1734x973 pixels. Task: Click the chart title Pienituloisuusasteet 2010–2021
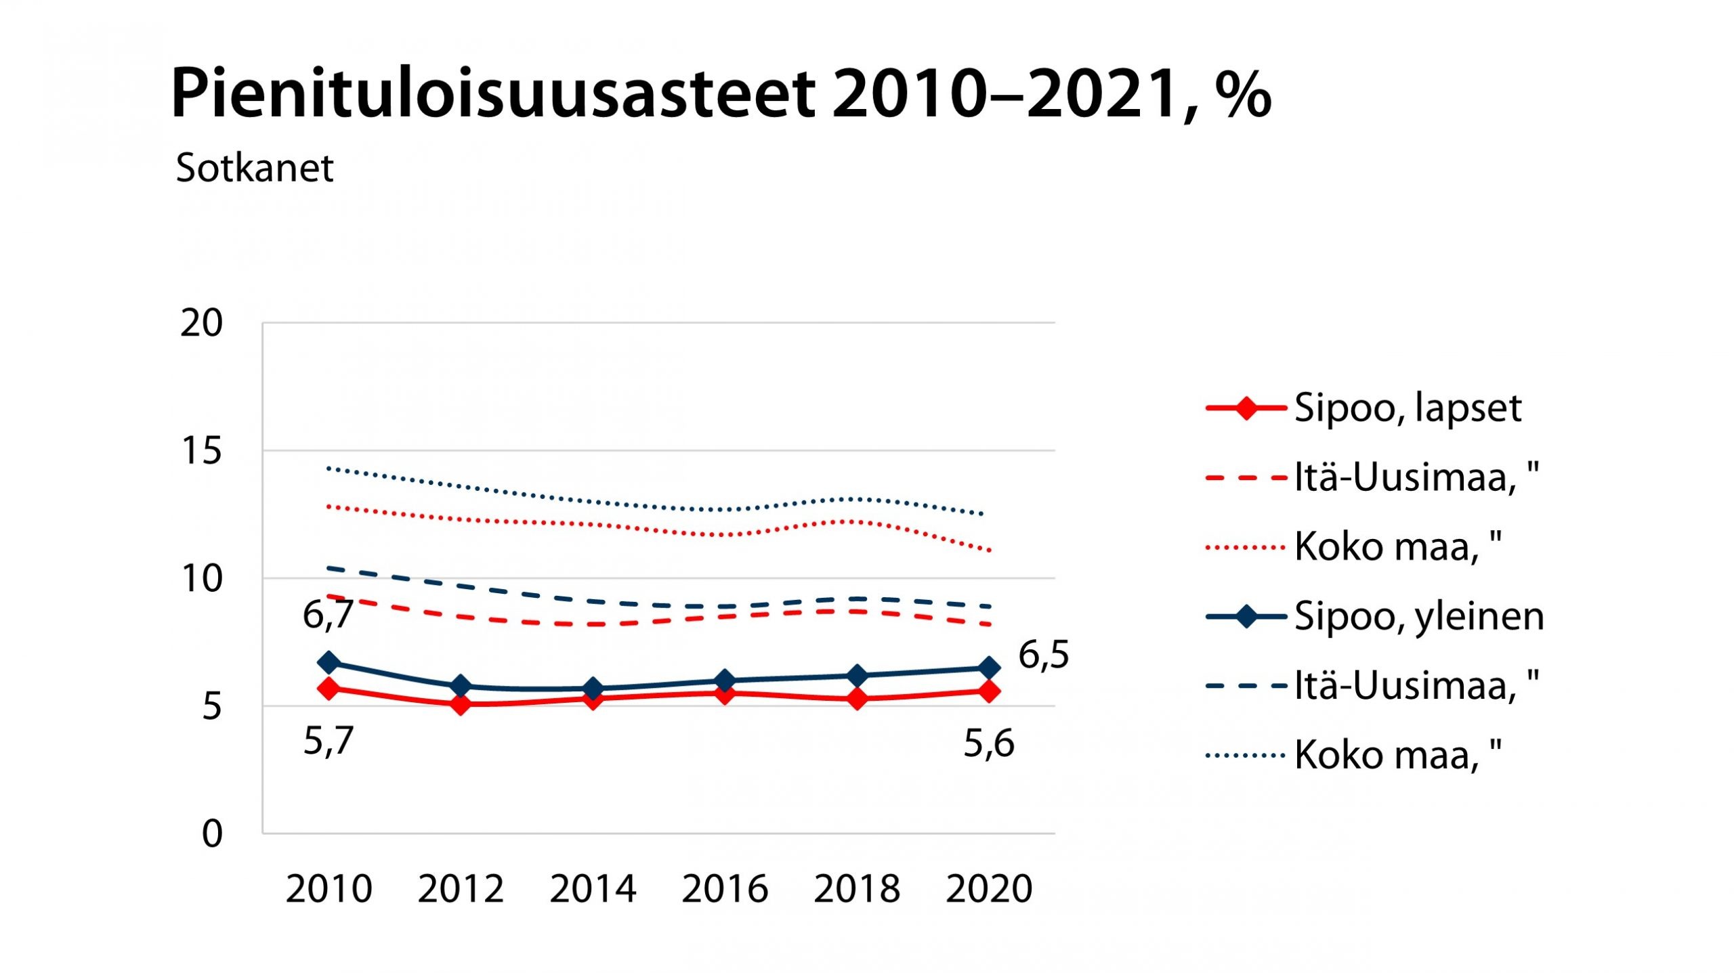coord(721,93)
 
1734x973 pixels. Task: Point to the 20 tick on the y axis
coord(201,323)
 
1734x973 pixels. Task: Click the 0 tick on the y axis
coord(212,834)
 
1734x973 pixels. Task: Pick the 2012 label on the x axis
coord(461,888)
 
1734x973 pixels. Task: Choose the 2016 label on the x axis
coord(725,888)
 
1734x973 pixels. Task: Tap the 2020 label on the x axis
coord(989,888)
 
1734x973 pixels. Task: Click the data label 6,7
coord(328,615)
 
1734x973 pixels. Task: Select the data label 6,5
coord(1044,655)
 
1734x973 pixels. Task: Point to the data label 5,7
coord(328,740)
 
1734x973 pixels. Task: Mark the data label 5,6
coord(989,743)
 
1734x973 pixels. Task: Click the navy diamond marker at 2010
coord(329,662)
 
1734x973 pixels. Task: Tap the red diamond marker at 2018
coord(857,698)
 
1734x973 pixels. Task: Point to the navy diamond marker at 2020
coord(989,668)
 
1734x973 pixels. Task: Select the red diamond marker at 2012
coord(461,704)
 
